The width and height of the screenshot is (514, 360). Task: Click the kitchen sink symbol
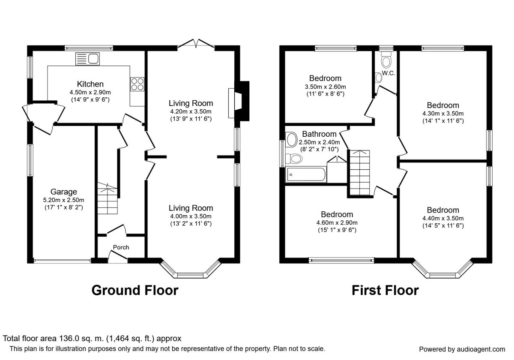(x=87, y=59)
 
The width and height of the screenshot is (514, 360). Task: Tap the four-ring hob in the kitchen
(x=137, y=84)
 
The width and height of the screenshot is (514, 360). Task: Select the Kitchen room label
(x=90, y=84)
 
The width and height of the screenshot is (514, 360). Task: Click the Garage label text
(x=63, y=192)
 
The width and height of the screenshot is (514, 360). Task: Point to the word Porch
(x=121, y=247)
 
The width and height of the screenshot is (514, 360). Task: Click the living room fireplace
(x=239, y=101)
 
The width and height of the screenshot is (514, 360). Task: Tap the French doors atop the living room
(x=196, y=44)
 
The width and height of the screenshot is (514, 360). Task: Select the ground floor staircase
(x=108, y=198)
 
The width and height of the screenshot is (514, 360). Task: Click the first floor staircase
(x=360, y=173)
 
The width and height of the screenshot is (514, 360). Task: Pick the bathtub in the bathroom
(x=306, y=175)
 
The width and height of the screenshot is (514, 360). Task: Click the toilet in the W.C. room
(x=386, y=60)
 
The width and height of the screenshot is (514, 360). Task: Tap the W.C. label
(x=388, y=73)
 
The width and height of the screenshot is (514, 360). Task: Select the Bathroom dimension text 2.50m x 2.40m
(x=319, y=142)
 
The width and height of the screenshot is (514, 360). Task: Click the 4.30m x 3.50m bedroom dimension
(x=443, y=114)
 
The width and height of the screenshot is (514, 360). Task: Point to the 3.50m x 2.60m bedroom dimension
(x=325, y=87)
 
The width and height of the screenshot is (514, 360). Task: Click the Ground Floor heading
(x=135, y=290)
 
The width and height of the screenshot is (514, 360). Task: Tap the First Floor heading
(x=385, y=290)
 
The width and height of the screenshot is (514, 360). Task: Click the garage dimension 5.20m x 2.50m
(x=63, y=200)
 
